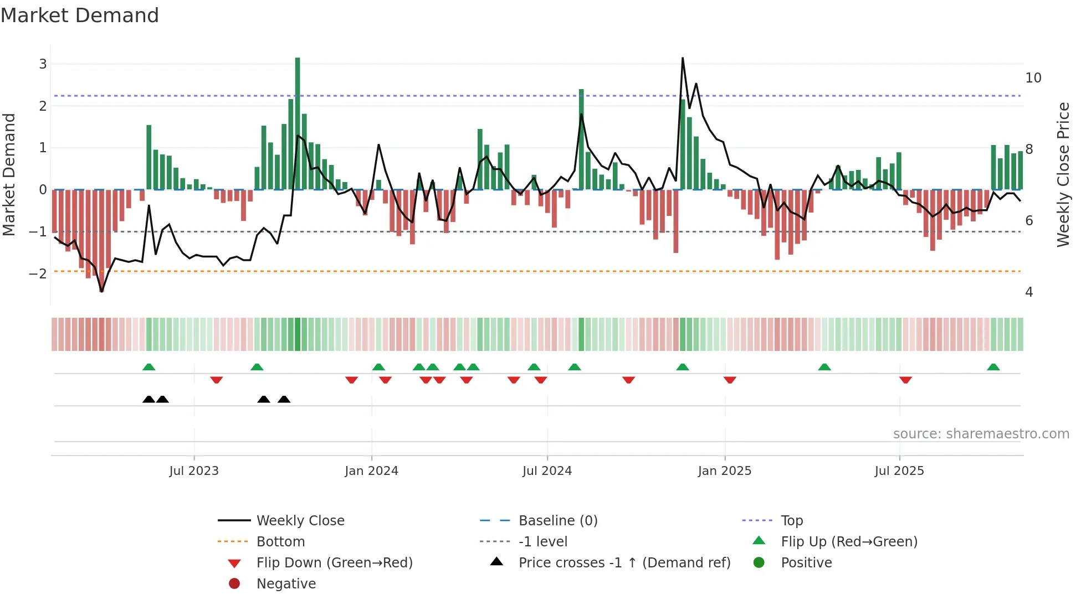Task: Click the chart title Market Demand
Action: pos(80,15)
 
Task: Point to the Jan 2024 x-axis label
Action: pos(371,471)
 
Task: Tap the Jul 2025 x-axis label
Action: pos(899,471)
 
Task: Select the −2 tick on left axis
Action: pos(38,273)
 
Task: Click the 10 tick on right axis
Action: pos(1033,78)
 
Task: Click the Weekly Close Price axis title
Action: pos(1063,174)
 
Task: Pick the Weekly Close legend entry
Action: pos(300,521)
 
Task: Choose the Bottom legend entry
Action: pos(280,542)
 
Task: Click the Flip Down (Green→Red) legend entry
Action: pos(334,563)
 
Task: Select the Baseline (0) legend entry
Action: pos(557,521)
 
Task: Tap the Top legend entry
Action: pos(792,521)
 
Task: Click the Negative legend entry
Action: pos(286,584)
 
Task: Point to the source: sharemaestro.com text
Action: pos(981,434)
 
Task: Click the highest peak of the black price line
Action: pos(683,59)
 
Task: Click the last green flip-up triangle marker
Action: pos(993,367)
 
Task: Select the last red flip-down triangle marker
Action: pos(905,380)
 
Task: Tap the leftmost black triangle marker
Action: pos(148,400)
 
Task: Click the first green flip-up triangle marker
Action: pos(148,367)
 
